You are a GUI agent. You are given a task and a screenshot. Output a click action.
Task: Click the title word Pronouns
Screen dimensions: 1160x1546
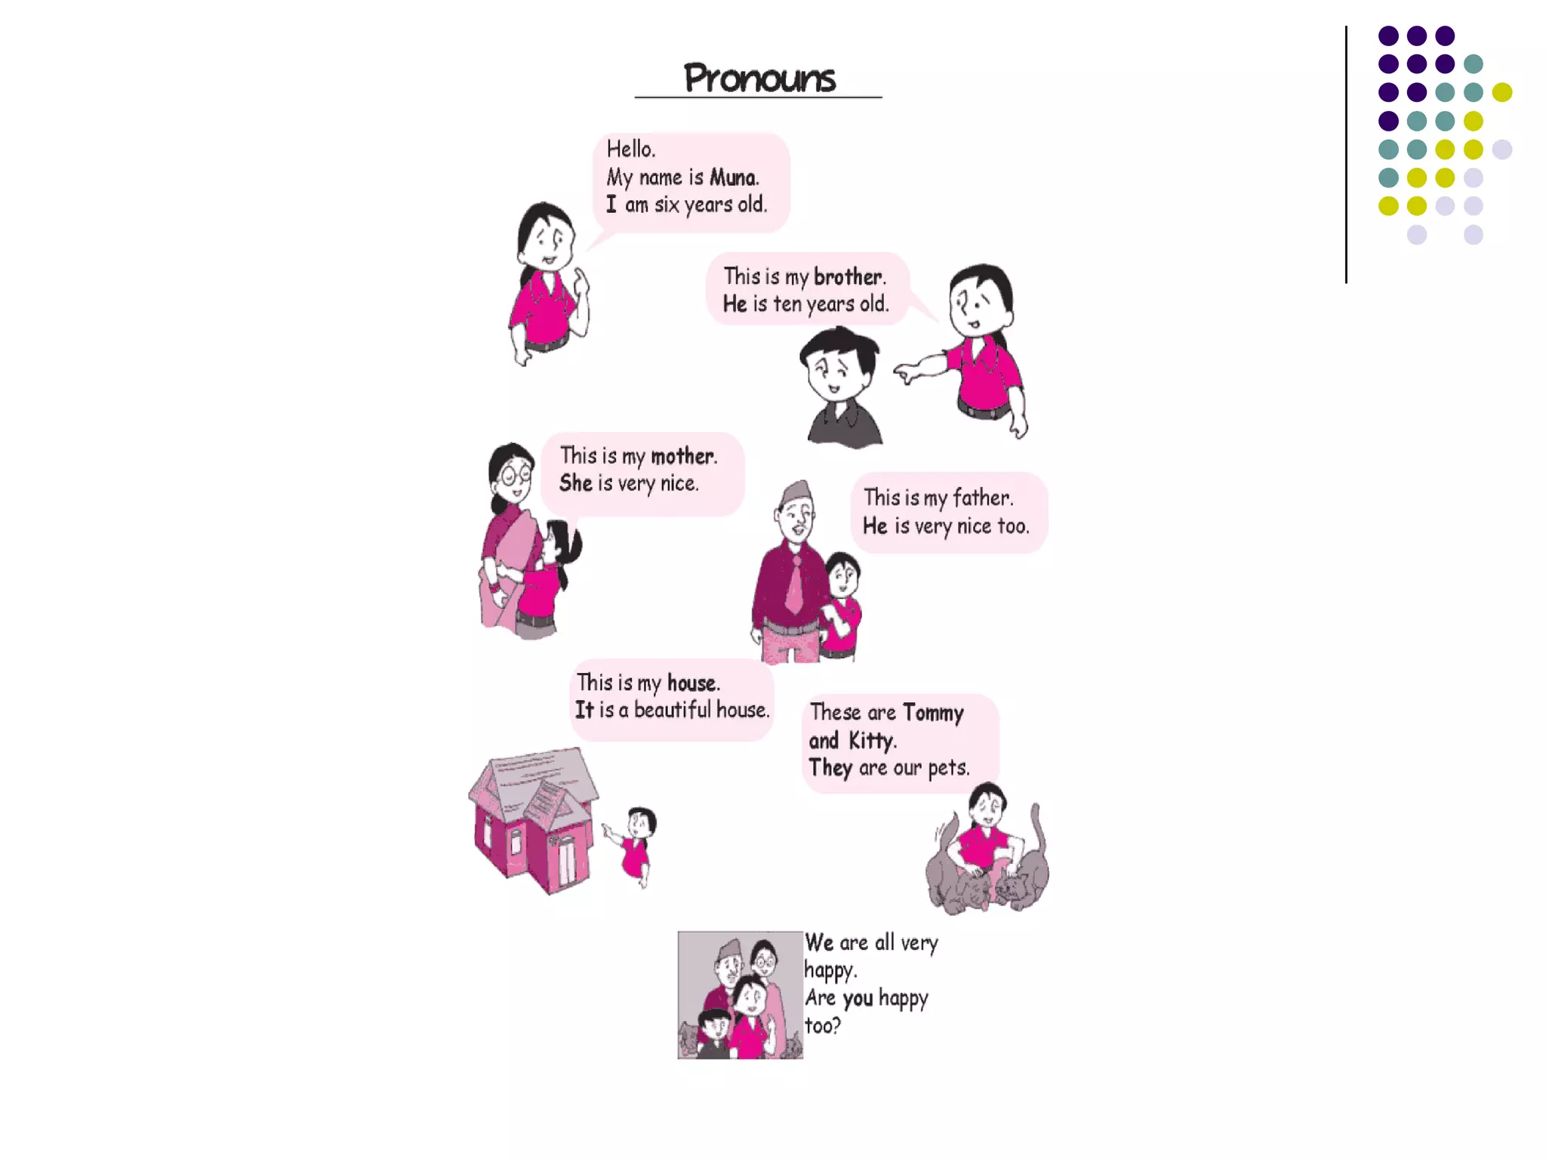[x=759, y=79]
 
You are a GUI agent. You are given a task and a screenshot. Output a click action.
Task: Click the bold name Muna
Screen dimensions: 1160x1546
[x=733, y=177]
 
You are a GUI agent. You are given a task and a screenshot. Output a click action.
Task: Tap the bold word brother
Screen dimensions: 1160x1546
[x=848, y=277]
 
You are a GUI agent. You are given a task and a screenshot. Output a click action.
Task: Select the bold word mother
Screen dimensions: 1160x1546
[x=682, y=456]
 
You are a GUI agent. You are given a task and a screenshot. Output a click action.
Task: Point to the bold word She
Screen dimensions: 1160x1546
[x=575, y=483]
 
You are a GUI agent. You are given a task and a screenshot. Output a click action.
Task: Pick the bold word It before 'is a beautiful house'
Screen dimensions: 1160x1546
[x=584, y=710]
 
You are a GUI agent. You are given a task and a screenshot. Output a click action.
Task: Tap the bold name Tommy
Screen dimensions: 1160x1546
[x=933, y=713]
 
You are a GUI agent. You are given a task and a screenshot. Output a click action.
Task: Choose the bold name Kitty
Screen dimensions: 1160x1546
[x=871, y=741]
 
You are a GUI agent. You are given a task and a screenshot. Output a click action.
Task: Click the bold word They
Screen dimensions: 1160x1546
[x=830, y=768]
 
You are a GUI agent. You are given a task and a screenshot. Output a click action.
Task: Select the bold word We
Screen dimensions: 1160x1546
[x=819, y=942]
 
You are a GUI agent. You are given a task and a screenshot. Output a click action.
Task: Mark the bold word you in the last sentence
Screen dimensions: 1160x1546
[x=858, y=998]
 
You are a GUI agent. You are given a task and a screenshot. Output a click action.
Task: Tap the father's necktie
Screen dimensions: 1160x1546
[x=795, y=585]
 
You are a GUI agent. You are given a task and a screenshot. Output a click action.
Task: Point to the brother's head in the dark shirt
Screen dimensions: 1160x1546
[x=838, y=362]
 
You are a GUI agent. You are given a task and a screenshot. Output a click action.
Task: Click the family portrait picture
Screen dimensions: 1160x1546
[x=740, y=995]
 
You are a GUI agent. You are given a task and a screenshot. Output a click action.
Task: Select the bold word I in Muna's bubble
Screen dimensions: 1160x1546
[x=611, y=205]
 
